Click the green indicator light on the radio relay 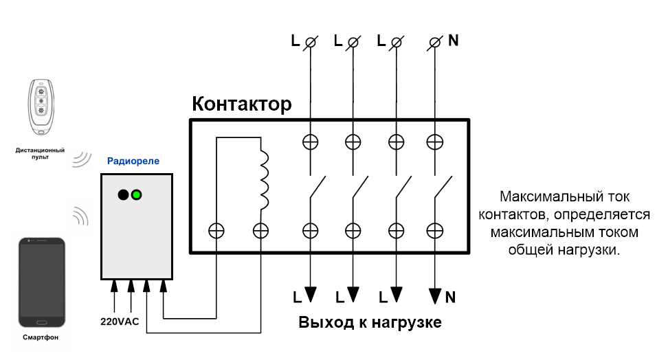(x=136, y=195)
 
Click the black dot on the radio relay (x=123, y=195)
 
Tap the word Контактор (x=241, y=104)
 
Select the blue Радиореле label (x=133, y=161)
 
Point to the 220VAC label (x=120, y=322)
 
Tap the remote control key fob (x=41, y=107)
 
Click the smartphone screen (x=42, y=280)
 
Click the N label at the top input (x=454, y=41)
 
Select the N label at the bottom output (x=450, y=297)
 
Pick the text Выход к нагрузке (x=370, y=322)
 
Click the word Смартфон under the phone (x=41, y=337)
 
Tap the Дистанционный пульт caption (x=40, y=153)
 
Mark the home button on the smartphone (x=41, y=322)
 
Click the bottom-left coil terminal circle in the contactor (x=216, y=231)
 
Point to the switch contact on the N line (x=443, y=187)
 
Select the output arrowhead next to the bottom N (x=435, y=296)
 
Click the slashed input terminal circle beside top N (x=435, y=43)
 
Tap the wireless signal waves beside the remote (x=82, y=159)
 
